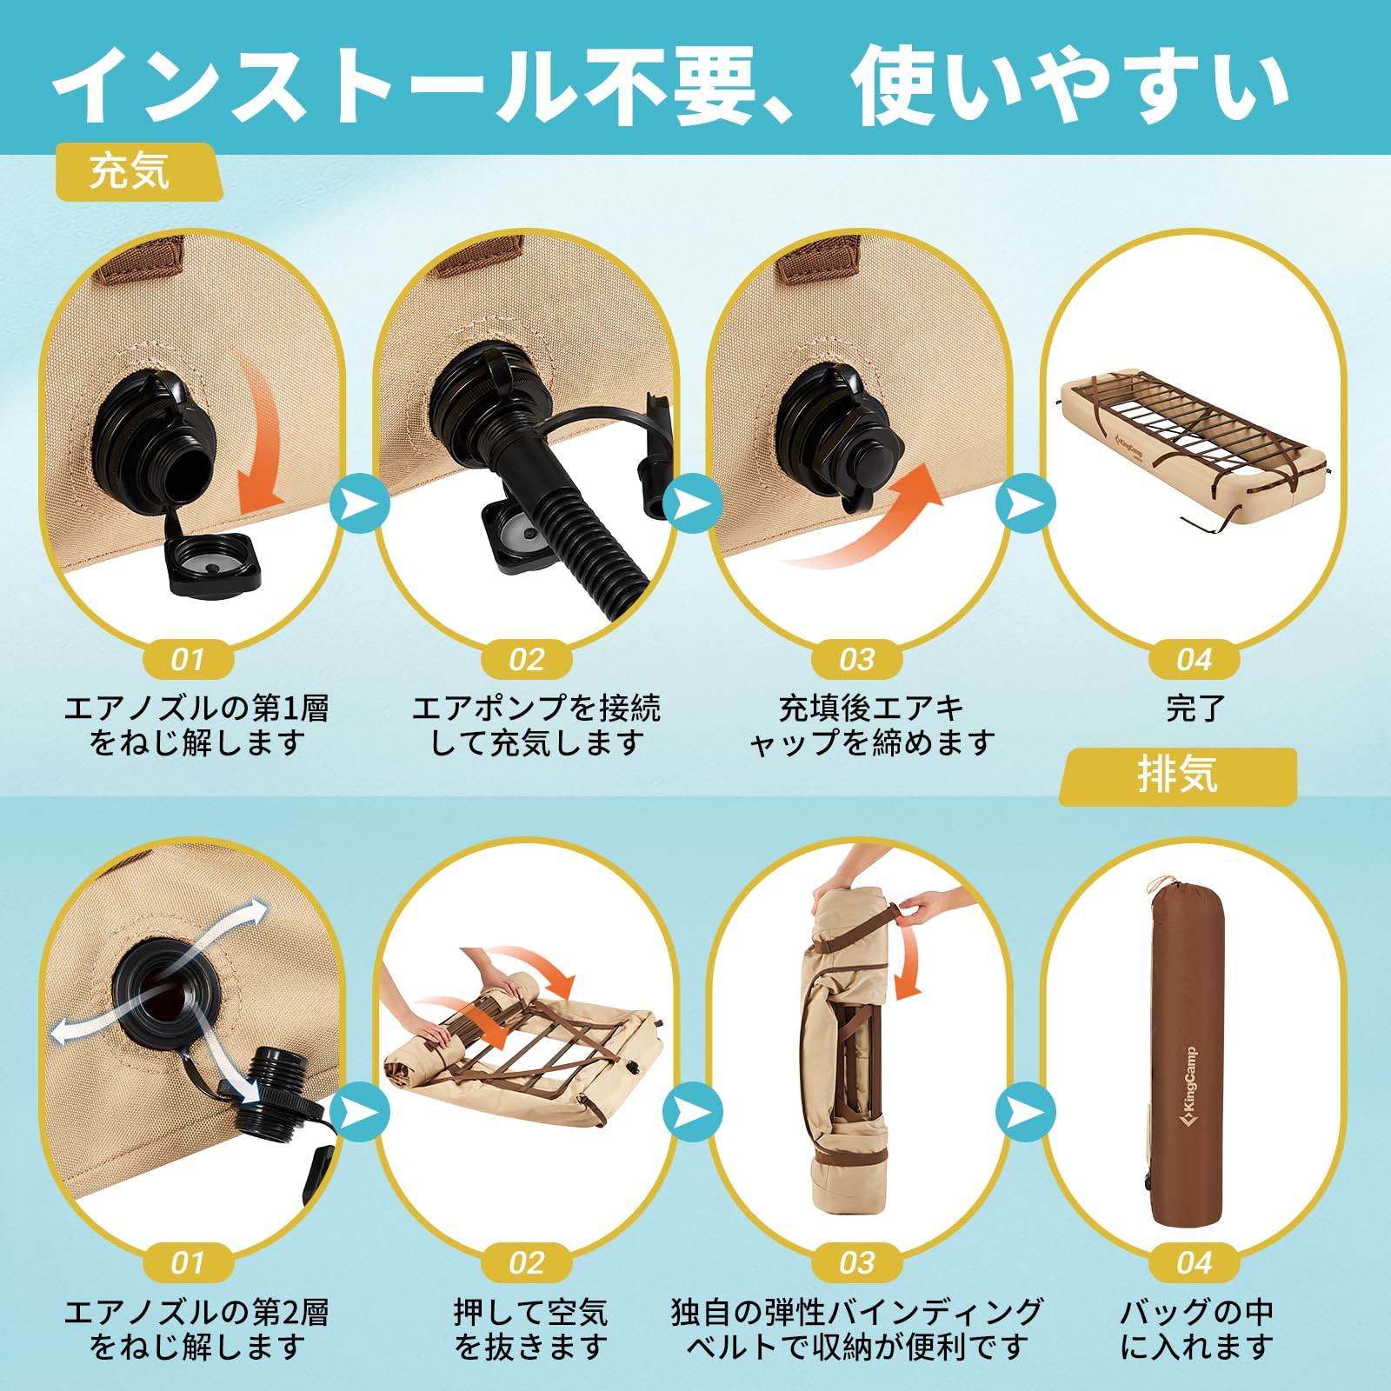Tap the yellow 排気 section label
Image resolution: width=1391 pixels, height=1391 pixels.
[1177, 775]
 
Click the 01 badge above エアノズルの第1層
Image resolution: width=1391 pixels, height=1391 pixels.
[188, 660]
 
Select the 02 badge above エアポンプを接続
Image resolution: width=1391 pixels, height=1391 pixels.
[527, 660]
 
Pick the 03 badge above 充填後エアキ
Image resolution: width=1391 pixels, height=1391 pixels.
[857, 660]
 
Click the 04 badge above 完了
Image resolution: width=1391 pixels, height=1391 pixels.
[1194, 660]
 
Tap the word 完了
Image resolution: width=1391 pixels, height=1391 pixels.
[1195, 709]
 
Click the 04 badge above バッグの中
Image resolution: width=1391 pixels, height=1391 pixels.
[1194, 1262]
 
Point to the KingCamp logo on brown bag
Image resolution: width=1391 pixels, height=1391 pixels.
[1188, 1087]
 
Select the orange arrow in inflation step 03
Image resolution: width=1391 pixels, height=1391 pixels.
[878, 522]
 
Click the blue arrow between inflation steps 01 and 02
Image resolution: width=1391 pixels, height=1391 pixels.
[359, 503]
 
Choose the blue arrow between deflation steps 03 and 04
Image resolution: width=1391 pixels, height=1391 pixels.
[1026, 1112]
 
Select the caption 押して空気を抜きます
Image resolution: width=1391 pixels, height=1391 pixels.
[530, 1329]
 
